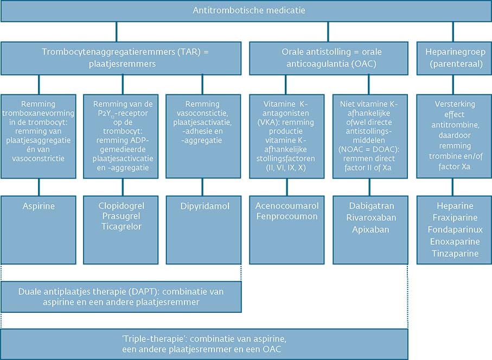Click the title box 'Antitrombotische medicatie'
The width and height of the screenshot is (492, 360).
pos(246,11)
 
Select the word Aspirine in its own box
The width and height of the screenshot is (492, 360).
pos(39,206)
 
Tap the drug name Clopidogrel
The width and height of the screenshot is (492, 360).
pos(122,206)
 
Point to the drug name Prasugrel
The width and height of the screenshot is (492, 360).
pos(122,218)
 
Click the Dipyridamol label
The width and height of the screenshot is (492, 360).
pos(202,206)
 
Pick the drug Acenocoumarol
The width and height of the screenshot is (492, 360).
pos(287,206)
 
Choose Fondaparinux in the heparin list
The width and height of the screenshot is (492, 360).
pos(454,230)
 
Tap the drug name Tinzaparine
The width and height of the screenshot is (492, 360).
pos(454,254)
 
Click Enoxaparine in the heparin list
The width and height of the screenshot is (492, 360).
pos(454,242)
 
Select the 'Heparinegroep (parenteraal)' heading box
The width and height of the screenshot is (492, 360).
pos(454,58)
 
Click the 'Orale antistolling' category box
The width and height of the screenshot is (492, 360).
pos(328,58)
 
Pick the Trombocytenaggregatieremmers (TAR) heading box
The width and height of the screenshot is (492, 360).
pos(122,58)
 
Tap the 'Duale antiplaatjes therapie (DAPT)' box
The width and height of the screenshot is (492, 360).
pos(122,296)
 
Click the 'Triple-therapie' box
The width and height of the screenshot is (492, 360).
pos(205,344)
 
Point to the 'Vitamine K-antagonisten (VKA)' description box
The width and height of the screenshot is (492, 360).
pos(287,136)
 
